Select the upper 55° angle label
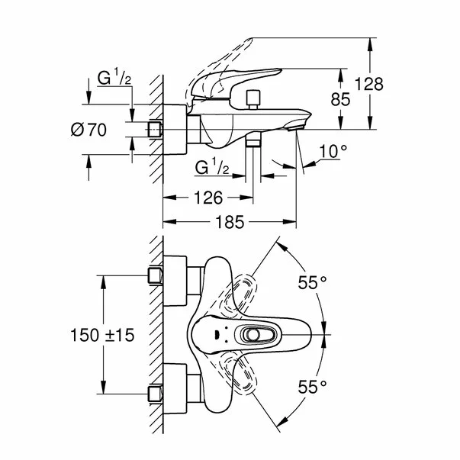tap(312, 282)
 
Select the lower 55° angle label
tap(312, 386)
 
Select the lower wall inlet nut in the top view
tap(156, 394)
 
